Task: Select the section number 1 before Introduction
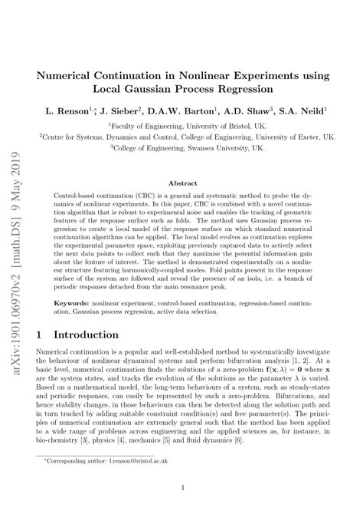pyautogui.click(x=40, y=335)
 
